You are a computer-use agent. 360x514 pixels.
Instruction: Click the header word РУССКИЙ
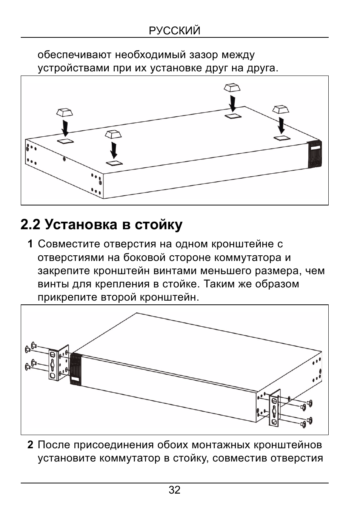point(175,31)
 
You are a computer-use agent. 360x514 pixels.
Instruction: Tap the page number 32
point(174,490)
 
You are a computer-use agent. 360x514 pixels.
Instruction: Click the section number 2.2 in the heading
point(30,225)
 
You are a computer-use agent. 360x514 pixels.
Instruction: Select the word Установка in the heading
point(81,225)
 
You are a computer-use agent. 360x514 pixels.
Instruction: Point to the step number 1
point(30,244)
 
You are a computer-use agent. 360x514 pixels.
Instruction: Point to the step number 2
point(30,445)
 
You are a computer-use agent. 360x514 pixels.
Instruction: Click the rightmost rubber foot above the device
point(281,109)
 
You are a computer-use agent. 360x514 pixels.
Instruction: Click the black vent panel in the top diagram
point(315,154)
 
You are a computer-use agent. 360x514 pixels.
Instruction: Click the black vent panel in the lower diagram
point(75,369)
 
